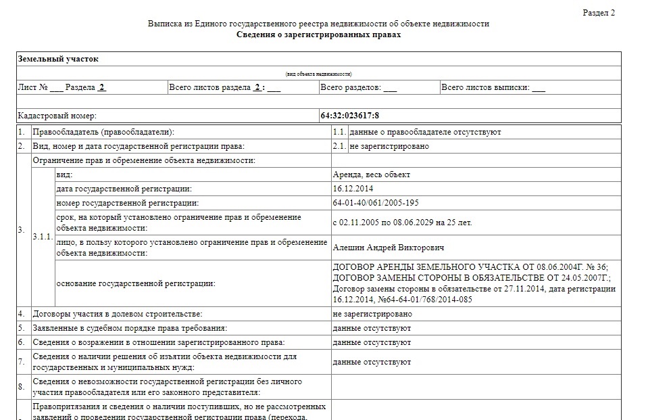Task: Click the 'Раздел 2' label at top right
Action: (598, 13)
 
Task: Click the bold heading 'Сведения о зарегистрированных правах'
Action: (318, 34)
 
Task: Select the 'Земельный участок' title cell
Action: (58, 59)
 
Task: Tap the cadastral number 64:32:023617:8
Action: (349, 116)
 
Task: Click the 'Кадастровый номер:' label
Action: (57, 116)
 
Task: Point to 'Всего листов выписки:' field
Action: (493, 88)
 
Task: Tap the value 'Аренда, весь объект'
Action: (371, 174)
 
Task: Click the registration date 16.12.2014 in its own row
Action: (353, 189)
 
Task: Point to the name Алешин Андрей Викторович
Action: (389, 247)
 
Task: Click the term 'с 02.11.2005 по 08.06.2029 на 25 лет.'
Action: (403, 222)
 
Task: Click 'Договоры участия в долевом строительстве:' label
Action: (118, 314)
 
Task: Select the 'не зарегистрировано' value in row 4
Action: (372, 314)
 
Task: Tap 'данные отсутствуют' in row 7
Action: (372, 362)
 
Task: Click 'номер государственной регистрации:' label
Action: (128, 203)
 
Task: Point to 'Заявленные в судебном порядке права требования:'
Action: (130, 328)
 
